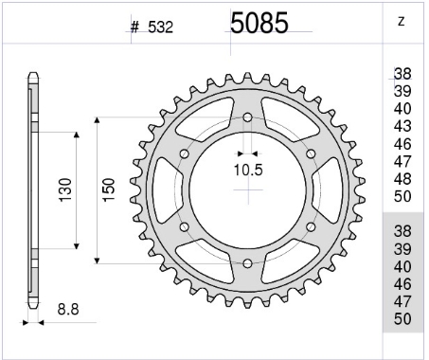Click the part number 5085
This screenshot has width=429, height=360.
pyautogui.click(x=259, y=23)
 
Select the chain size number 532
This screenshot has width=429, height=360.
pyautogui.click(x=161, y=27)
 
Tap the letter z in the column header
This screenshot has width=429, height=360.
pyautogui.click(x=401, y=22)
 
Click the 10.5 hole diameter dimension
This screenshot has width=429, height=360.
pyautogui.click(x=248, y=170)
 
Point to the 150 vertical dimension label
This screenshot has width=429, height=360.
pyautogui.click(x=109, y=189)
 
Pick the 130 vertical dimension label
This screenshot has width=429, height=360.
pyautogui.click(x=66, y=190)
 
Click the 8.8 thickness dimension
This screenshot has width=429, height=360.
pyautogui.click(x=68, y=309)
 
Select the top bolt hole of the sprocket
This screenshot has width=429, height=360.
pyautogui.click(x=247, y=117)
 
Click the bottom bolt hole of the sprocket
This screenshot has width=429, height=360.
pyautogui.click(x=247, y=263)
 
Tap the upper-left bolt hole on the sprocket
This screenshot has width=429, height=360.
pyautogui.click(x=185, y=154)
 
